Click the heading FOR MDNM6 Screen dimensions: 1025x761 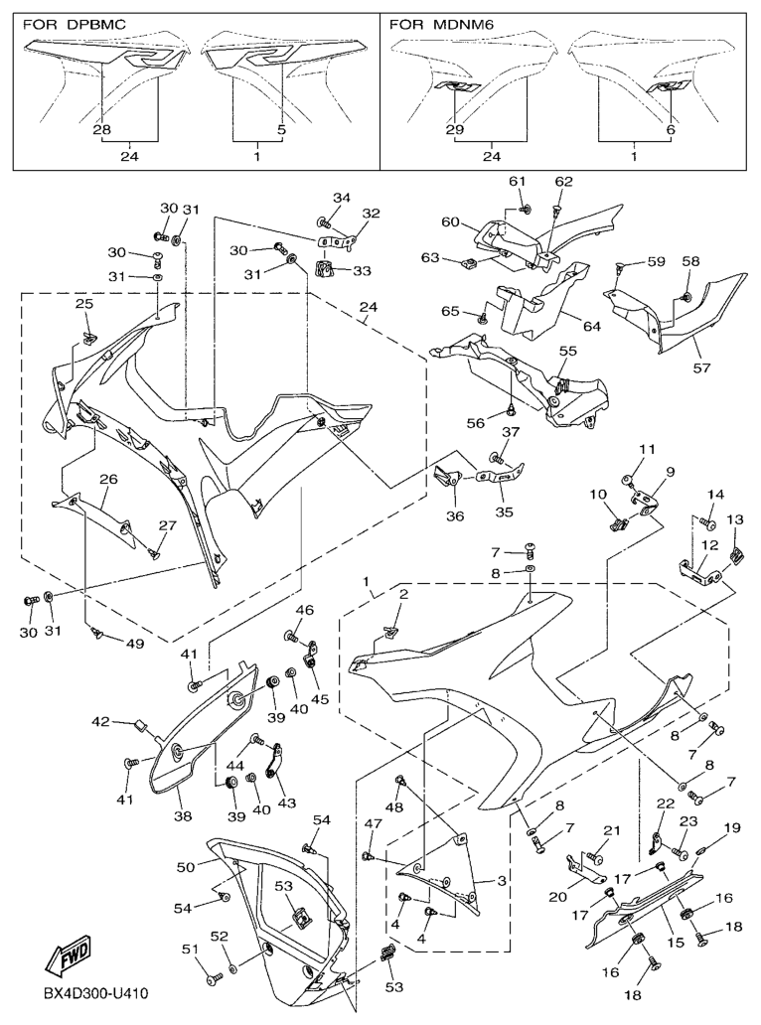click(x=441, y=23)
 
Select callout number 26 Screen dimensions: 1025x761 click(x=108, y=479)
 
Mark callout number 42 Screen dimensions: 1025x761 click(x=128, y=721)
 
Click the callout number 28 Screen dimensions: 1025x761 click(x=102, y=130)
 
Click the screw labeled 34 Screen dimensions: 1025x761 click(x=325, y=222)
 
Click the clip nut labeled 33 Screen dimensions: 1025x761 click(x=324, y=267)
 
